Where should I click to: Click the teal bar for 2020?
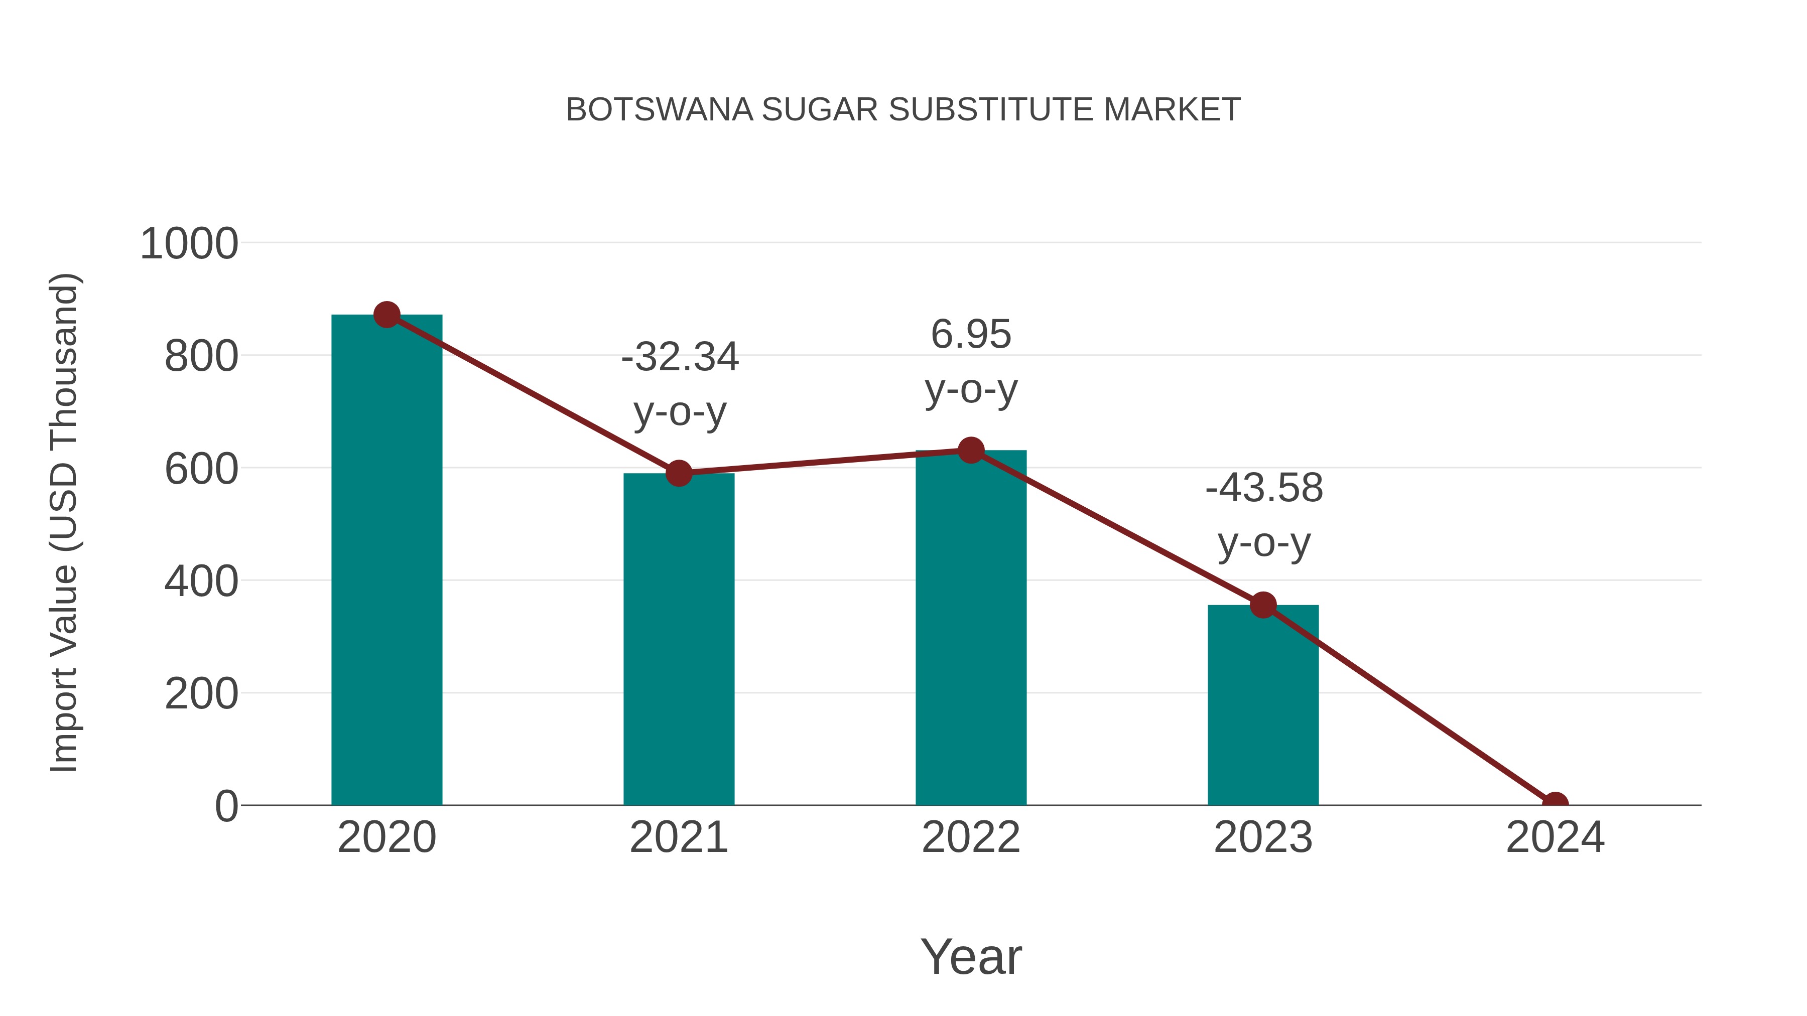point(386,561)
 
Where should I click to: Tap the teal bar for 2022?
point(971,628)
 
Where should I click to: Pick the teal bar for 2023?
point(1263,705)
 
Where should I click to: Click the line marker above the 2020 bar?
point(386,315)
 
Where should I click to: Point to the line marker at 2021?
point(678,473)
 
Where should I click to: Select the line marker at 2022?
point(971,450)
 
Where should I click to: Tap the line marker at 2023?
point(1263,605)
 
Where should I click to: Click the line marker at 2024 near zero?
point(1555,804)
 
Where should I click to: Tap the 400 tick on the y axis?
point(201,582)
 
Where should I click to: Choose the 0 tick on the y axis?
point(226,806)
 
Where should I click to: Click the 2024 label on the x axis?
point(1555,837)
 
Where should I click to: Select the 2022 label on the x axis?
point(971,837)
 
